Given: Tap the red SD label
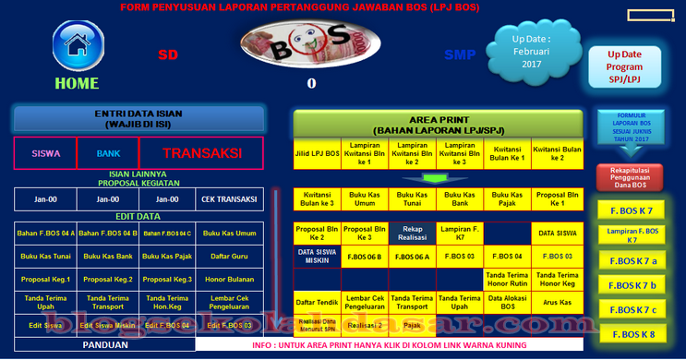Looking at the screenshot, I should pos(167,54).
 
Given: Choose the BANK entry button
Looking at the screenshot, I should pos(108,154).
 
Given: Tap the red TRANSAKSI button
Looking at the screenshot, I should pos(201,154).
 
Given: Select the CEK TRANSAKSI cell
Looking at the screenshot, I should pos(230,198).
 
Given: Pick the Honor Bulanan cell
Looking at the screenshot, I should pos(230,279).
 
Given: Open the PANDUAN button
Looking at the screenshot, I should pos(105,344).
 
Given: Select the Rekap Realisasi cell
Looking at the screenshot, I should pos(412,233).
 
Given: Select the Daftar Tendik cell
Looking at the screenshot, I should pos(316,301).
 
